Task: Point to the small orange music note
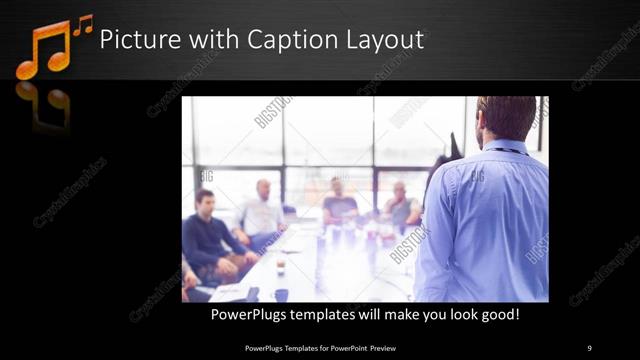(x=82, y=24)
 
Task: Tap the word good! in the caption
(x=497, y=315)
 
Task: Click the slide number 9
(x=589, y=347)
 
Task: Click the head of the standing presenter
(x=507, y=118)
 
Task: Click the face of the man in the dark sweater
(x=205, y=201)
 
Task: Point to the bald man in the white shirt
(x=262, y=208)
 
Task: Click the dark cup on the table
(x=281, y=294)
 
